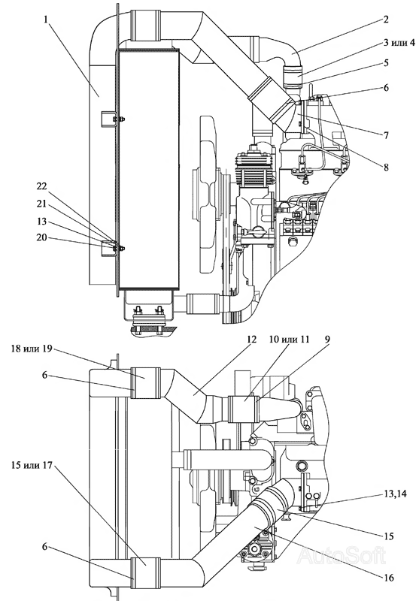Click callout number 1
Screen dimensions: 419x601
[x=47, y=20]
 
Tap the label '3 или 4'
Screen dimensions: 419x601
[x=399, y=42]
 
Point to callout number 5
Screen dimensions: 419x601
[x=386, y=62]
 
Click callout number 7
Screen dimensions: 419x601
[x=386, y=135]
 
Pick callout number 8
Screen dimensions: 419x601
[x=386, y=167]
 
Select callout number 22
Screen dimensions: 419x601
[x=41, y=186]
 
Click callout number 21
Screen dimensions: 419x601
[x=41, y=204]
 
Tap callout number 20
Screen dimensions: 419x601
[x=41, y=237]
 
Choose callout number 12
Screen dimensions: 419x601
[x=251, y=340]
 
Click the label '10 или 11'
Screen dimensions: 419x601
[x=295, y=340]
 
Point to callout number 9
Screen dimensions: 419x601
[x=327, y=340]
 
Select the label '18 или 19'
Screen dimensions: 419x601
[x=28, y=350]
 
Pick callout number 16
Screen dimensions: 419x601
[x=388, y=577]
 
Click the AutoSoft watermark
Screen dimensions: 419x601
[x=342, y=554]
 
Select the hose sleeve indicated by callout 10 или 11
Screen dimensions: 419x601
[x=244, y=409]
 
